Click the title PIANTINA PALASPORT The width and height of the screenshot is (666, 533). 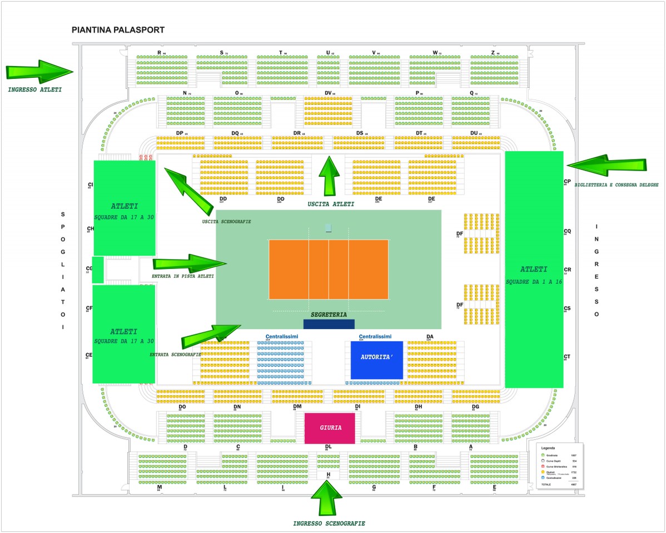coord(118,30)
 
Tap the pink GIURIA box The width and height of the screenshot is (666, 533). coord(330,428)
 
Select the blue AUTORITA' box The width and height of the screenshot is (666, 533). coord(376,360)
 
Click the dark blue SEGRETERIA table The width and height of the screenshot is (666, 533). coord(329,324)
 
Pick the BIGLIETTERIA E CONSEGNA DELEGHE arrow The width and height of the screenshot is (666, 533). coord(606,165)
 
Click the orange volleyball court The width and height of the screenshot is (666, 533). coord(329,269)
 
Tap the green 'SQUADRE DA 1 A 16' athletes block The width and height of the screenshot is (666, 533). coord(534,270)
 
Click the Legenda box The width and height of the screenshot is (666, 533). coord(560,466)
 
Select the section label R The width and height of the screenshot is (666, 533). coord(159,53)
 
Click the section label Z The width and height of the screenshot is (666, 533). coord(493,53)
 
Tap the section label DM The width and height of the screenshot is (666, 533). coord(297,406)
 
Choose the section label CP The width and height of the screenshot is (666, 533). coord(567,181)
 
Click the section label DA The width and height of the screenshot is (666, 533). coord(430,336)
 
